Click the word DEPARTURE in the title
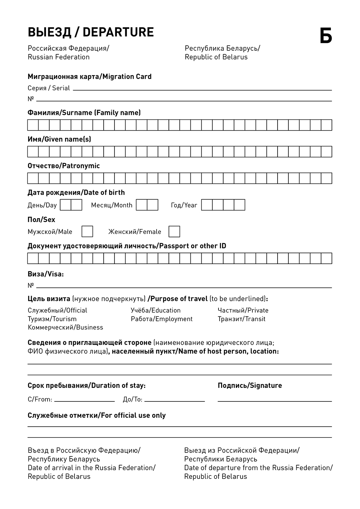pos(118,32)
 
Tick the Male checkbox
pos(87,231)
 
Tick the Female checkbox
pos(174,231)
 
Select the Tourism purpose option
pos(52,319)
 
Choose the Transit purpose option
pos(241,319)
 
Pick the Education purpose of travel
pos(156,310)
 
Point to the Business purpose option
pos(65,327)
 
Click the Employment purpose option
pos(162,319)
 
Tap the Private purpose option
pos(243,310)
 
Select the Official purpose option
pos(57,310)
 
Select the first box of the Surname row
pos(33,125)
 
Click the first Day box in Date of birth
pos(66,205)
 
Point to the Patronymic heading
pos(64,166)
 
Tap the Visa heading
pos(45,274)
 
